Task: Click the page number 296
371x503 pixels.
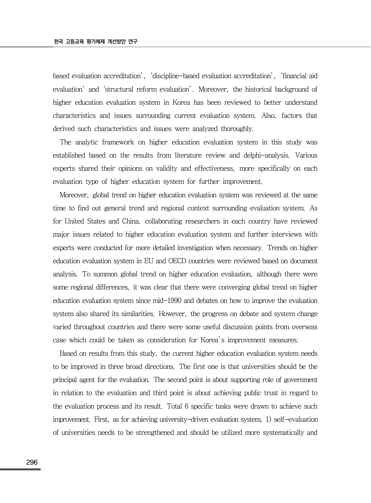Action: point(32,462)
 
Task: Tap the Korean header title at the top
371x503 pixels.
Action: point(95,42)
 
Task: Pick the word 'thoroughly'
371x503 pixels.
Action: point(237,129)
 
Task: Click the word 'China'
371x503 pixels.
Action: point(131,222)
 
